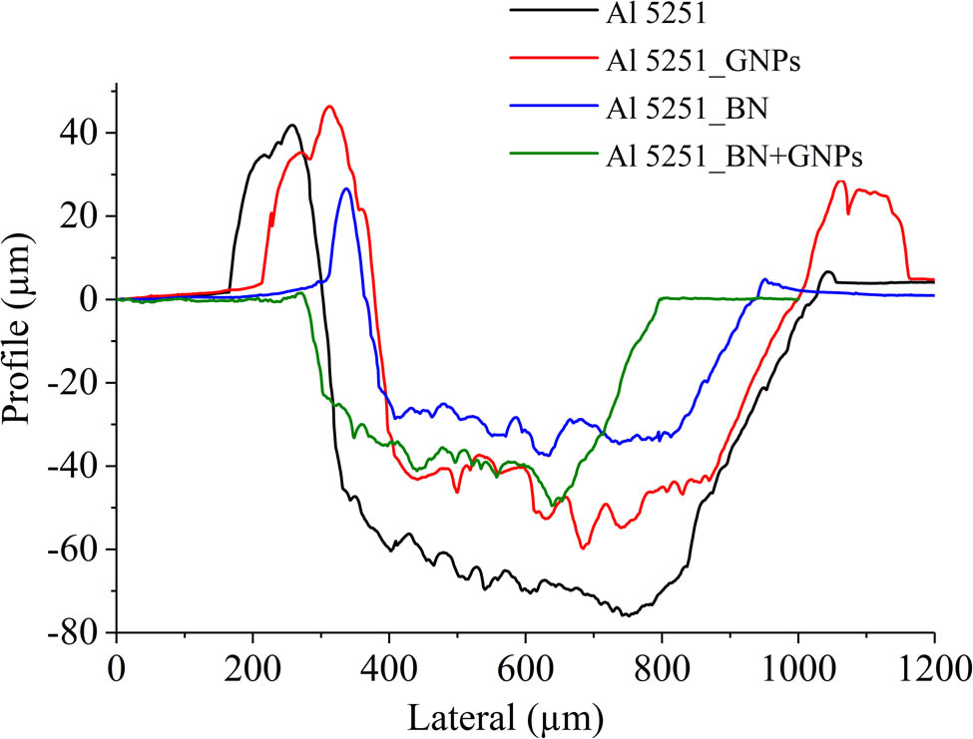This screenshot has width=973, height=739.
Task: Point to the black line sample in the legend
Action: [x=545, y=12]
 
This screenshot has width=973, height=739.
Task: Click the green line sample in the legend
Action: [x=545, y=155]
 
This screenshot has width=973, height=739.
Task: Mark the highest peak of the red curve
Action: [x=329, y=106]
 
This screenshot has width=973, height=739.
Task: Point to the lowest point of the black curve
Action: [x=626, y=615]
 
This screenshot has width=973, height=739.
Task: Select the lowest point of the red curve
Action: [x=583, y=548]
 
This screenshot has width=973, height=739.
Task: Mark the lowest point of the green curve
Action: [x=555, y=505]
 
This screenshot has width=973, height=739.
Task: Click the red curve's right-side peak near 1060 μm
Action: [x=840, y=182]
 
